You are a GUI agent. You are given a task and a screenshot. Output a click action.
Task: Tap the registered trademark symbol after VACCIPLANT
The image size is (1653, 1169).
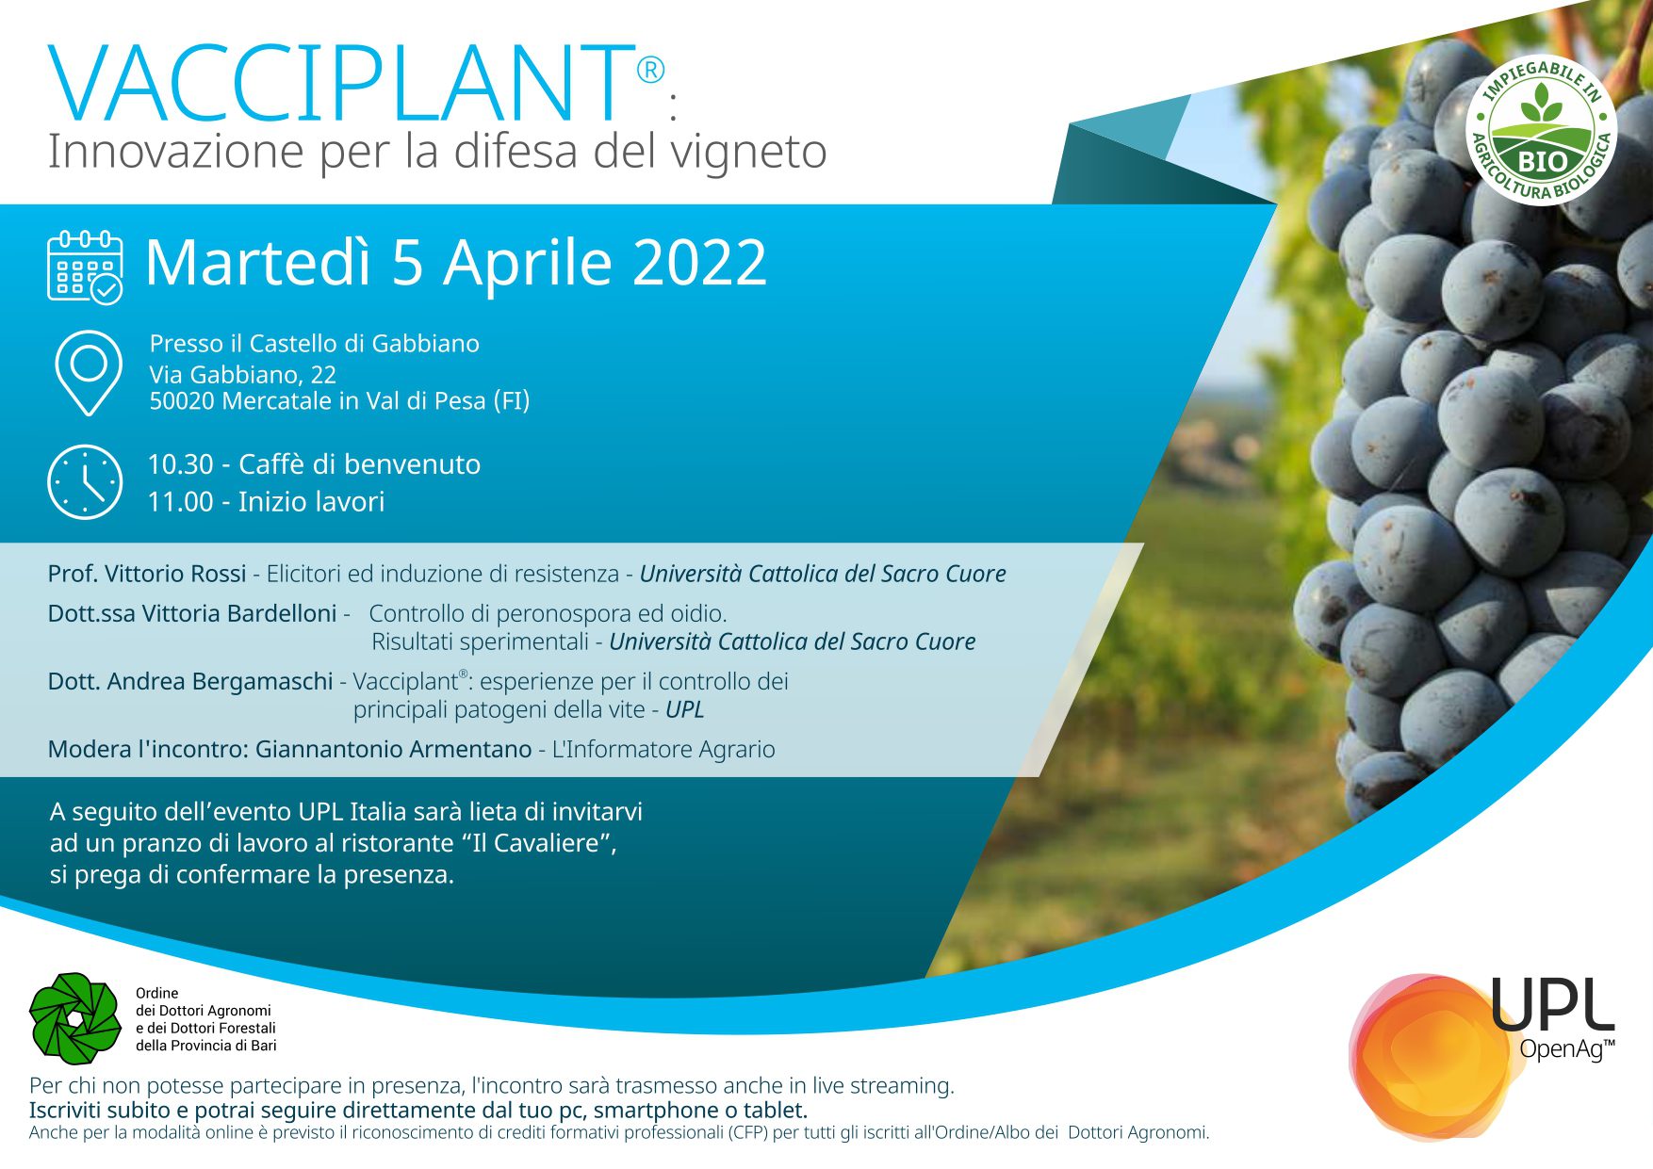point(650,70)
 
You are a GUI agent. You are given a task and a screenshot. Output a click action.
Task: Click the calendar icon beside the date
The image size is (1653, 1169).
point(85,267)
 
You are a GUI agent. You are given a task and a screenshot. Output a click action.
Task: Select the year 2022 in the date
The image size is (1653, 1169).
point(699,262)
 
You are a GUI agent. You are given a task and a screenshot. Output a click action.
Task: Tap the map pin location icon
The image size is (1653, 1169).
point(89,373)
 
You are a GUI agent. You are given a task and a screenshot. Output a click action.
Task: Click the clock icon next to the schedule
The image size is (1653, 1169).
point(85,482)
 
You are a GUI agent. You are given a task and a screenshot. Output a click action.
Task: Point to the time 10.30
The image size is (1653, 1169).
point(181,464)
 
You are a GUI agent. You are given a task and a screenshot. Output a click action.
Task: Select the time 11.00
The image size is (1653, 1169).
point(181,502)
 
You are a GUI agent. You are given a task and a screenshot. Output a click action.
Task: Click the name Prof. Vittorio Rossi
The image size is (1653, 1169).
point(147,574)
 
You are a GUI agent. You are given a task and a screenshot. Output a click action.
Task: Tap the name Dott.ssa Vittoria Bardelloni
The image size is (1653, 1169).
point(192,613)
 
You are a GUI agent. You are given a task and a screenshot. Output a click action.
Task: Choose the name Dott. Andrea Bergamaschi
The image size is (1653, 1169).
point(190,681)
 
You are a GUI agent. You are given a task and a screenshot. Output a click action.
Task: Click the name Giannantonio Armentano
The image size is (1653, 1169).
point(394,749)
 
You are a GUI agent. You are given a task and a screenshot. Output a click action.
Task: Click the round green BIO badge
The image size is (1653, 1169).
point(1541,131)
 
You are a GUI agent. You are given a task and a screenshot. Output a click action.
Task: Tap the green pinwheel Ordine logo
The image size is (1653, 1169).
point(75,1018)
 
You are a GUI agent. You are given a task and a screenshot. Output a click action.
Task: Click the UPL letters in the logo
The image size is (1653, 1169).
point(1552,1005)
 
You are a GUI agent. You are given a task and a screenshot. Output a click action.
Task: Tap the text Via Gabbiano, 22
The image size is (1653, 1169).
point(243,375)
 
